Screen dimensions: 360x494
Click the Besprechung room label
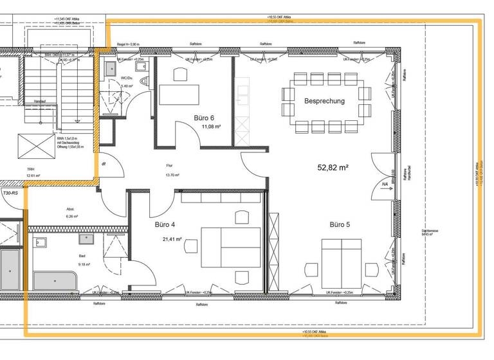pos(324,101)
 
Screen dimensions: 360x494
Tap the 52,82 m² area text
pos(333,167)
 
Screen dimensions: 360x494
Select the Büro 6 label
pos(204,118)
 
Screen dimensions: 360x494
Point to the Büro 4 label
pos(165,225)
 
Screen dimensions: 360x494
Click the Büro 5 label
pos(340,225)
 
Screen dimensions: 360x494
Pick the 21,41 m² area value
pos(172,239)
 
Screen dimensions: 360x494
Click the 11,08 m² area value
pos(212,127)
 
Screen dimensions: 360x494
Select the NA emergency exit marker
pos(385,184)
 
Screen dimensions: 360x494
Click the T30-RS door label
pos(10,193)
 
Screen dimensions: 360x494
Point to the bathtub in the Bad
pos(55,281)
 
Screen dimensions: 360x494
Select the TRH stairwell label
pos(30,170)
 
